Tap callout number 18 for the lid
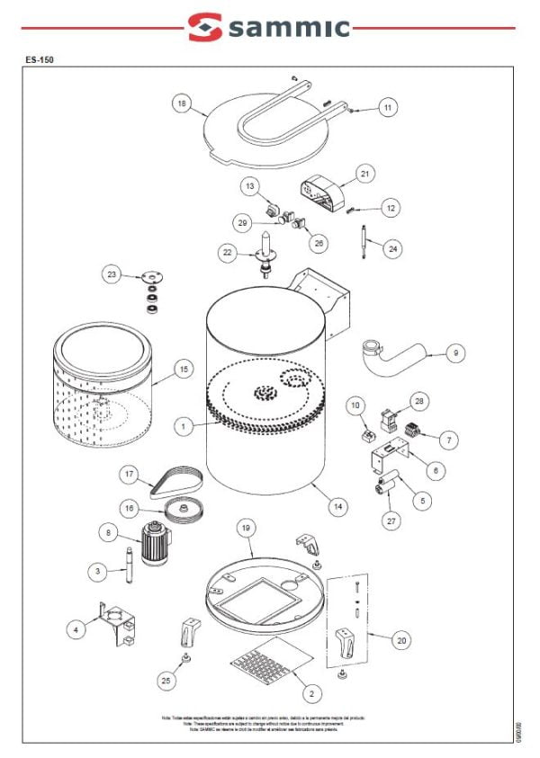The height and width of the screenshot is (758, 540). coord(183,104)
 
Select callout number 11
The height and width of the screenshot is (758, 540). coord(387,108)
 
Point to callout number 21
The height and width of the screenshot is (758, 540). coord(364,173)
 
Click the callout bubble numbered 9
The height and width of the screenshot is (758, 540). coord(455,353)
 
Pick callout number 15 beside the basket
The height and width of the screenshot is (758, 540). coord(184,369)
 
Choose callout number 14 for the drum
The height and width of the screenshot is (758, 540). coord(337,507)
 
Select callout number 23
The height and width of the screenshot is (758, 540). coord(112,275)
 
